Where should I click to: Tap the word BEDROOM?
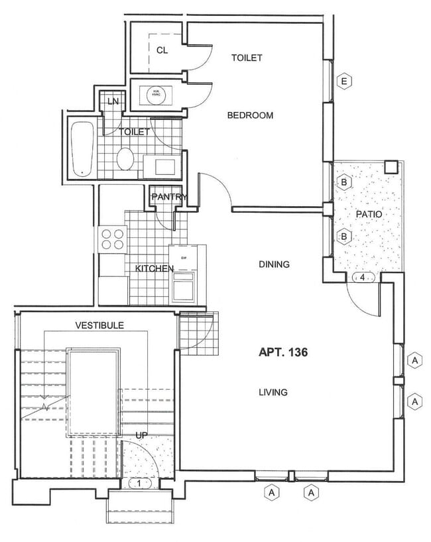(250, 115)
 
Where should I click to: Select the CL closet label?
(162, 50)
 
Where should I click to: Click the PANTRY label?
(169, 197)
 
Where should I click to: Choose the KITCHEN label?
(154, 268)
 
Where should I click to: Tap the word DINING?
(274, 264)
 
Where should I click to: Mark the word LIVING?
(273, 392)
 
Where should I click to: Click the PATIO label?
(367, 215)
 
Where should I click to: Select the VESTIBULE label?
(99, 325)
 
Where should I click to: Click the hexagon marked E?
(343, 81)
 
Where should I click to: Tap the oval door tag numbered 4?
(363, 278)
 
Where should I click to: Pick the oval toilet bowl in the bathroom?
(126, 160)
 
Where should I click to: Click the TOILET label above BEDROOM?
(247, 58)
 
